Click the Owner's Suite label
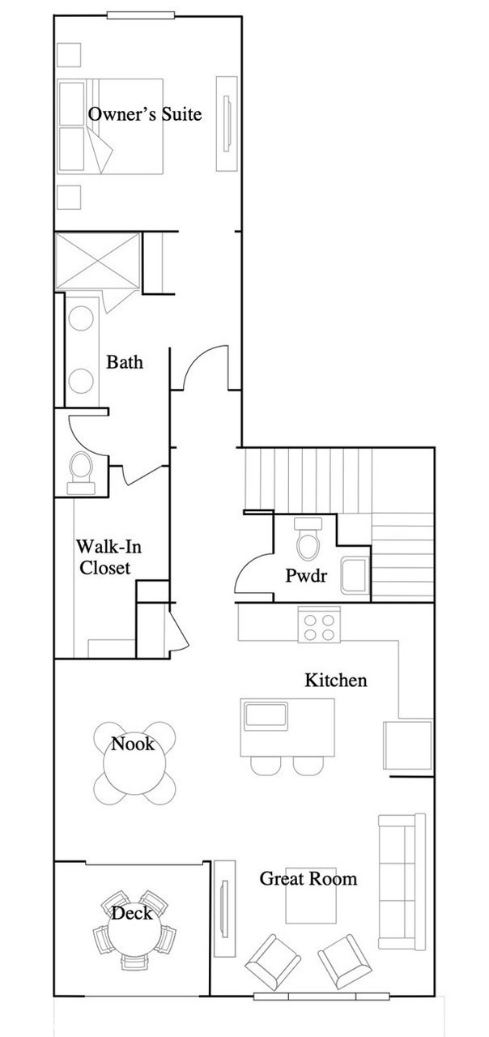[x=145, y=114]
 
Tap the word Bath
[x=125, y=362]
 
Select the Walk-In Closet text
[x=108, y=557]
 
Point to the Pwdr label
[x=306, y=575]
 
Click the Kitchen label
[x=336, y=680]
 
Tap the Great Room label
[x=308, y=879]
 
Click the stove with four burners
[x=319, y=625]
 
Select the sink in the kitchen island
[x=266, y=715]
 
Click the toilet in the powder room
[x=308, y=539]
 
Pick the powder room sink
[x=355, y=576]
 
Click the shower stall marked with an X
[x=98, y=262]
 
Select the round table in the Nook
[x=134, y=763]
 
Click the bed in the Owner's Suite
[x=110, y=126]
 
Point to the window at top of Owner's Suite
[x=141, y=15]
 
